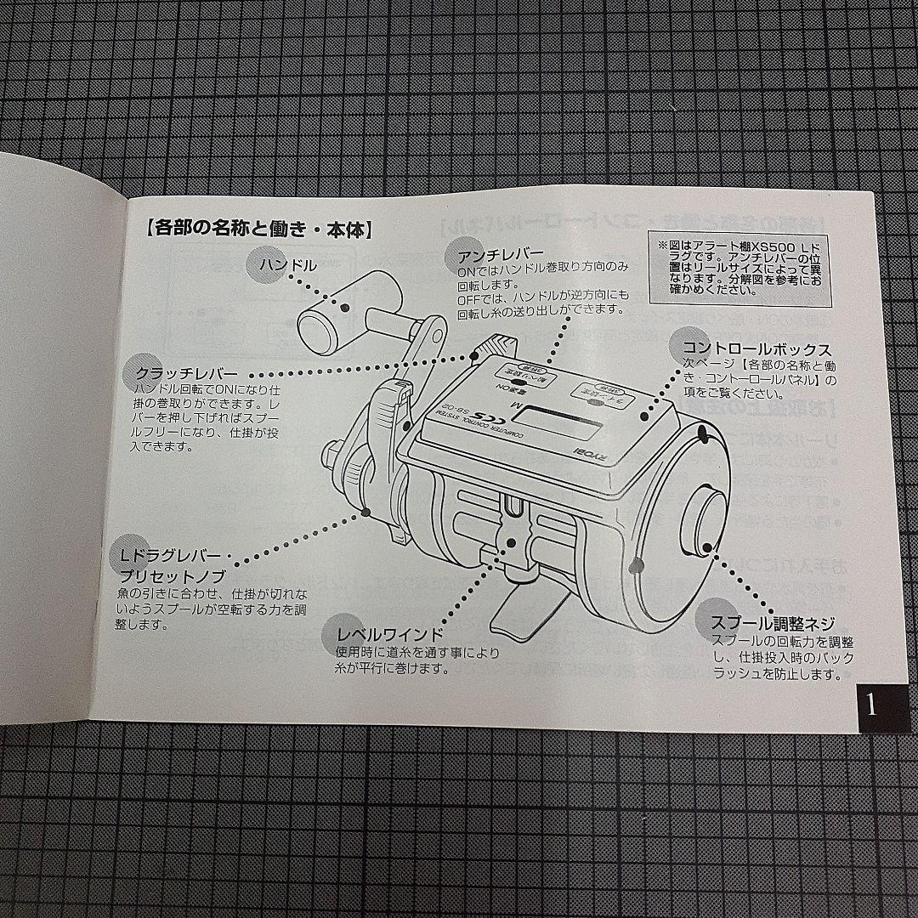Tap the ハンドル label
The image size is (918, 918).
(289, 265)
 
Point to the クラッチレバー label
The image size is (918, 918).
(186, 373)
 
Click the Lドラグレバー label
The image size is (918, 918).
(170, 557)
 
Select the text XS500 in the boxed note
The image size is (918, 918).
(760, 246)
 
